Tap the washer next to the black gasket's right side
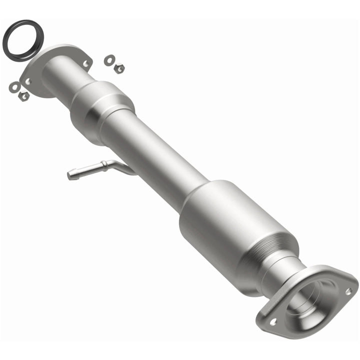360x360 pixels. [x=109, y=60]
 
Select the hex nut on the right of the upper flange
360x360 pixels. [x=119, y=68]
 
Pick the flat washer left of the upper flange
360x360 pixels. [x=14, y=87]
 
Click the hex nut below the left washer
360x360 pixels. [x=23, y=95]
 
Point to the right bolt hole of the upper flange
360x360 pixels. [x=86, y=63]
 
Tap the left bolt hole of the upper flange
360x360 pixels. [x=28, y=81]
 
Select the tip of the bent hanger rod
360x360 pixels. [x=70, y=175]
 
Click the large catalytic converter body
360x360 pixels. [x=230, y=220]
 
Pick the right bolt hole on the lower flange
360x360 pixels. [x=348, y=290]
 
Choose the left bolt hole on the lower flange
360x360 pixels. [x=273, y=322]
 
